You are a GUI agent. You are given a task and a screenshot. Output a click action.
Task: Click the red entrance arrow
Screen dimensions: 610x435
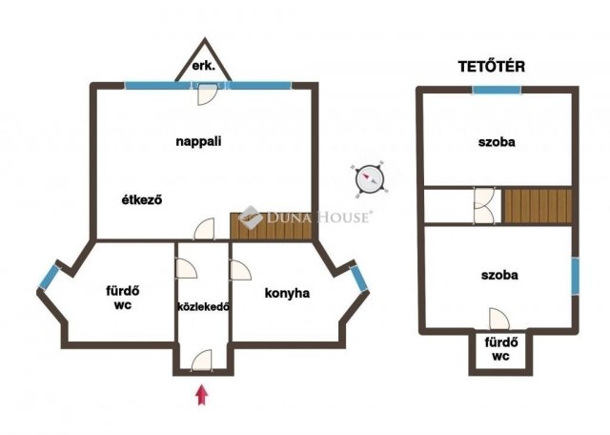coord(201,395)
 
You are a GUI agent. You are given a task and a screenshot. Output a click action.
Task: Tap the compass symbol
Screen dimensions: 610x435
coord(369,179)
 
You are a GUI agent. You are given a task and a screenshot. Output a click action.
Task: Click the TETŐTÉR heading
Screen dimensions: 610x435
coord(492,67)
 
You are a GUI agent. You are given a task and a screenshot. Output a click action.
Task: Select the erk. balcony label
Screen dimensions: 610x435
coord(203,66)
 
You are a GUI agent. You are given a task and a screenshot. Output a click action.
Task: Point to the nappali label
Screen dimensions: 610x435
coord(198,141)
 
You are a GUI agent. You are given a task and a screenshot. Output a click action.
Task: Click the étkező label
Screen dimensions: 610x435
coord(142,199)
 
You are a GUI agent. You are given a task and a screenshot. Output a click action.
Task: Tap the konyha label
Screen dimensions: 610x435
coord(287,293)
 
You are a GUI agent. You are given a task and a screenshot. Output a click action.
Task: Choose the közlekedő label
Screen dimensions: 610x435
coord(203,306)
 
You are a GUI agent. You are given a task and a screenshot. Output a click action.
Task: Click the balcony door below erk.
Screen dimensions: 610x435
coord(207,94)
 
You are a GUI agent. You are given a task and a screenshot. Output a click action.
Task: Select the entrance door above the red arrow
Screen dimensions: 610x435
coord(202,360)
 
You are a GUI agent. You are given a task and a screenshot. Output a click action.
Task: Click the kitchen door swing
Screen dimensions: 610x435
coord(240,270)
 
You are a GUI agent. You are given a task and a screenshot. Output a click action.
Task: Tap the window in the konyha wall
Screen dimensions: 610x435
coord(358,278)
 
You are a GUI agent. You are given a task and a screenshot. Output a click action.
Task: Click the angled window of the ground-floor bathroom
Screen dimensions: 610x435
coord(49,277)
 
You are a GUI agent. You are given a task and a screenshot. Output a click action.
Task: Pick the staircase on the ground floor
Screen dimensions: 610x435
coord(271,225)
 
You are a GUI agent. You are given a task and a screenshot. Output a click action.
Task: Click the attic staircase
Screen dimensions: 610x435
coord(538,206)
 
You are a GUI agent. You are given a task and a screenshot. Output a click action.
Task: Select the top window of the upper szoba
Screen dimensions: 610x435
coord(497,90)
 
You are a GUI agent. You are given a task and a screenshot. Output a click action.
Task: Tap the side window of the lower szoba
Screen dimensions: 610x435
coord(575,276)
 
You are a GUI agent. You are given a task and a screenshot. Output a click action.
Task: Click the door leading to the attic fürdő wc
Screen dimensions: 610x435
coord(499,319)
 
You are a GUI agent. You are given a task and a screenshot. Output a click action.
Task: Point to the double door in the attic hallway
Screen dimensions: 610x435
coord(484,206)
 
